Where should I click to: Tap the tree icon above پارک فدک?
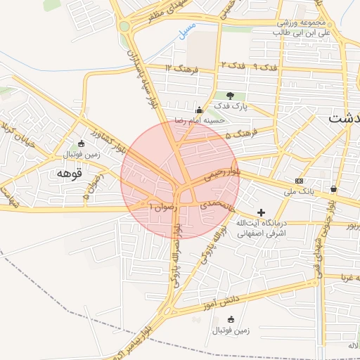tap(231, 95)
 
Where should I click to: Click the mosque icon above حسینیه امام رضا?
tap(200, 110)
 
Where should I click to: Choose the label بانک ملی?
tap(300, 190)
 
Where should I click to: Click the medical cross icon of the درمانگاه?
tap(262, 212)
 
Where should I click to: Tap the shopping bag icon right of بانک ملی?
tap(333, 188)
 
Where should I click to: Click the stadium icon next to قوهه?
tap(81, 143)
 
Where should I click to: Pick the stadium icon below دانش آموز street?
tap(231, 319)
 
